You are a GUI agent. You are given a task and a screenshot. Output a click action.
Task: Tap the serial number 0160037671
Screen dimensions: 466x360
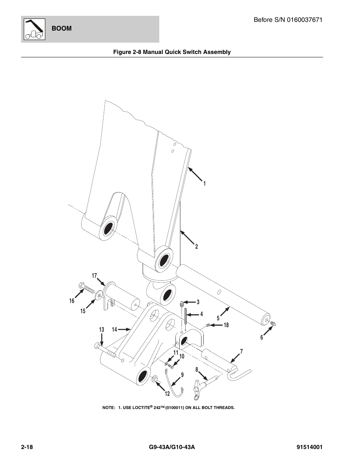(305, 20)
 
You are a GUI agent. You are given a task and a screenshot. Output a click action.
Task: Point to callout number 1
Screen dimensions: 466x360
(204, 184)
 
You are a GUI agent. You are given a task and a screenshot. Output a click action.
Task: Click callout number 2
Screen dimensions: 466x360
(197, 247)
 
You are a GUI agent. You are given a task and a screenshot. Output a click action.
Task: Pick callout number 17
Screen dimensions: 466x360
(95, 276)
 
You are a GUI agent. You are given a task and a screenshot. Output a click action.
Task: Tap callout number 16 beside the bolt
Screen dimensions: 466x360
(72, 301)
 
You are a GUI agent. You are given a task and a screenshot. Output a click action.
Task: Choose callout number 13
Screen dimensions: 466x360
(102, 330)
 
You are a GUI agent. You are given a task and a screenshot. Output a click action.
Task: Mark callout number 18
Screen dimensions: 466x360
(226, 325)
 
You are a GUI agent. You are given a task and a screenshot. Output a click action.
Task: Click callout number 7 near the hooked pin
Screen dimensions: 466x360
(241, 352)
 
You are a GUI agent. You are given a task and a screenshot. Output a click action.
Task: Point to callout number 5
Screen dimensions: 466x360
(218, 318)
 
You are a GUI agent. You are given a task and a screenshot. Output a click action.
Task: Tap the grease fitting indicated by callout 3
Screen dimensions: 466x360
(182, 302)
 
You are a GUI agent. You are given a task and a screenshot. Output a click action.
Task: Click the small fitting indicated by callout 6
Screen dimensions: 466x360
(274, 324)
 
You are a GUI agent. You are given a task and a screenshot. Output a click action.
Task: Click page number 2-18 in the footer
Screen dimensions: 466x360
(27, 448)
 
